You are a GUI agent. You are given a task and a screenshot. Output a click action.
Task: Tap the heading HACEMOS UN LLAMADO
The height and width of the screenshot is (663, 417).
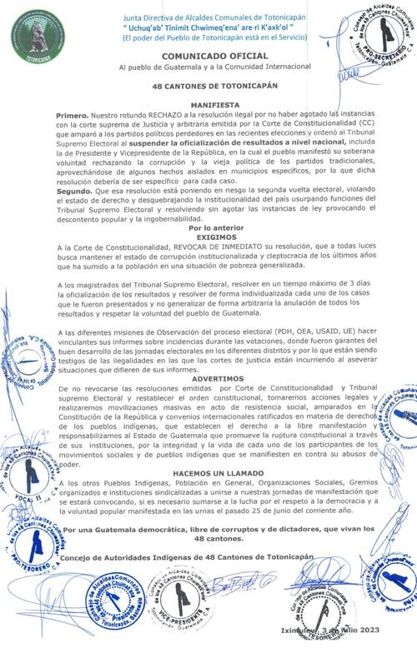[x=208, y=471]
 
